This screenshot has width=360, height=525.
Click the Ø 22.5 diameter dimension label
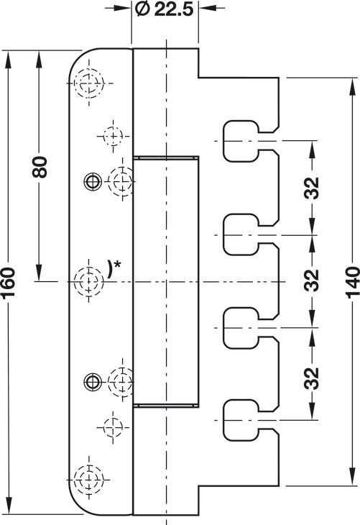[165, 9]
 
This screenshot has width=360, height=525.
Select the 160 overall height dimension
[8, 282]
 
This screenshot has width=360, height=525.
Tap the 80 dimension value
[40, 167]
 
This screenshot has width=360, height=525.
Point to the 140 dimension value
[352, 282]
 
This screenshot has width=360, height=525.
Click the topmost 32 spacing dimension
[312, 188]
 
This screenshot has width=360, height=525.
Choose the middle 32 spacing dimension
[312, 280]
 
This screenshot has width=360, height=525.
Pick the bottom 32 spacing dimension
[312, 378]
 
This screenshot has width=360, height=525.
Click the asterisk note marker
[116, 264]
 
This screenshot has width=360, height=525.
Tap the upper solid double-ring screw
[93, 181]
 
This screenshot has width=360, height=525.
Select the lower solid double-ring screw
[93, 381]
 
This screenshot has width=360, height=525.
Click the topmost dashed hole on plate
[89, 83]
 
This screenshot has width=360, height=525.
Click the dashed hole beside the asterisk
[88, 281]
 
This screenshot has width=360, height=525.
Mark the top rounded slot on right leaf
[241, 141]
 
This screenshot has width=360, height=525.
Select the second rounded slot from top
[241, 234]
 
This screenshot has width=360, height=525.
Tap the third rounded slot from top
[241, 328]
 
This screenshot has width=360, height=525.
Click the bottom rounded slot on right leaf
[241, 420]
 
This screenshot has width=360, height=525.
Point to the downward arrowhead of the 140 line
[352, 477]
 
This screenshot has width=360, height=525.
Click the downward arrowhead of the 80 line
[39, 273]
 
